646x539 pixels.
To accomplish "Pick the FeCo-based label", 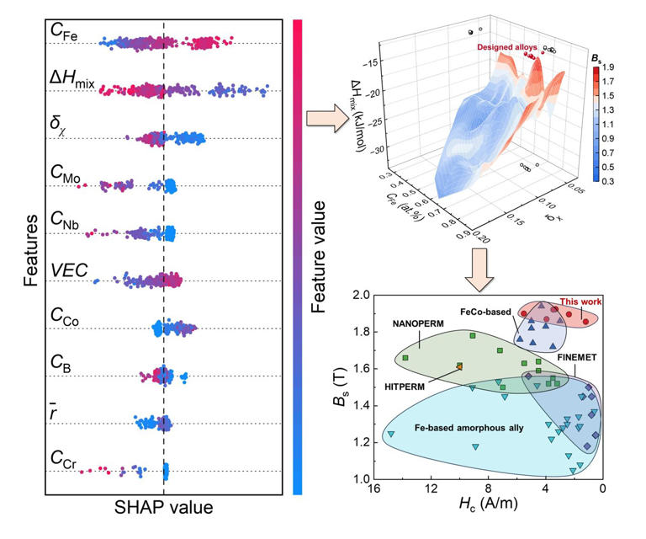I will pos(485,311).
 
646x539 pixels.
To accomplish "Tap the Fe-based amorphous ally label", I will pos(469,428).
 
